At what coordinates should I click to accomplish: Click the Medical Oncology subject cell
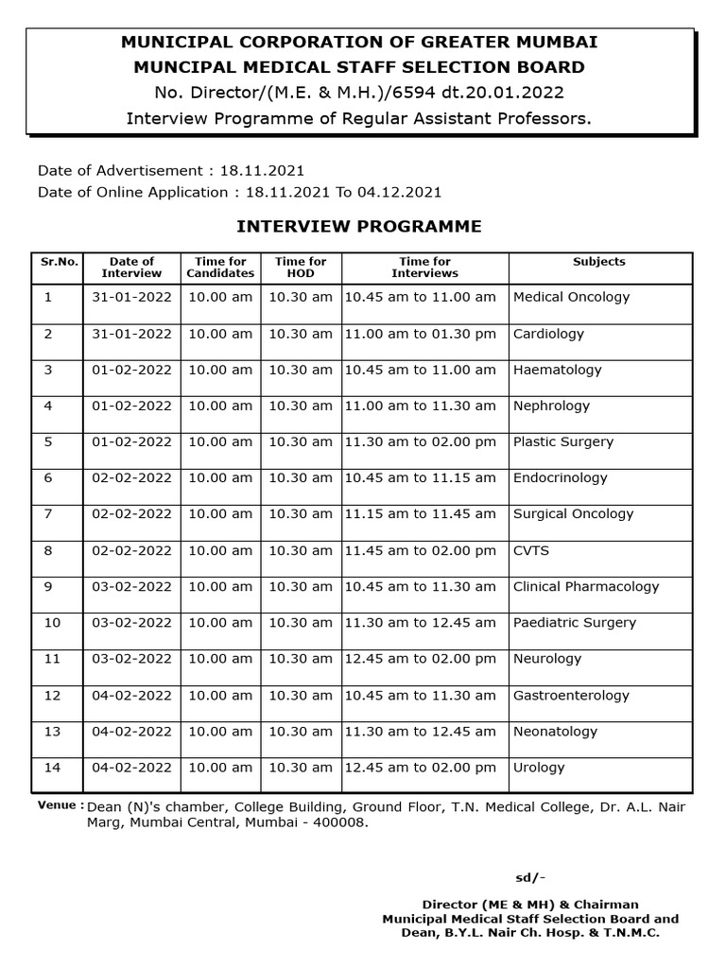pyautogui.click(x=571, y=297)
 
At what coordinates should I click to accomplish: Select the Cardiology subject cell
pyautogui.click(x=548, y=334)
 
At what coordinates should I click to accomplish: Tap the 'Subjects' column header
pyautogui.click(x=599, y=262)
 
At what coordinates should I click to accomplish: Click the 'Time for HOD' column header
pyautogui.click(x=301, y=268)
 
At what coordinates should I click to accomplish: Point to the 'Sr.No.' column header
pyautogui.click(x=58, y=262)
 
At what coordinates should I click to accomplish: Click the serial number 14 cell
pyautogui.click(x=52, y=768)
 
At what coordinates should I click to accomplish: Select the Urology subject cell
pyautogui.click(x=539, y=768)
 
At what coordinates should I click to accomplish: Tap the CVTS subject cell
pyautogui.click(x=531, y=550)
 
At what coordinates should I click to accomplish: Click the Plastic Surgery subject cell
pyautogui.click(x=562, y=441)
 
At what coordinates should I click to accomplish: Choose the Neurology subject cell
pyautogui.click(x=547, y=659)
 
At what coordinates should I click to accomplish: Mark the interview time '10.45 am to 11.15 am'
pyautogui.click(x=420, y=478)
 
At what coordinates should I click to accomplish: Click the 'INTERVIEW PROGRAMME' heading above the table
pyautogui.click(x=358, y=227)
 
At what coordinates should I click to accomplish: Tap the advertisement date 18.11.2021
pyautogui.click(x=262, y=171)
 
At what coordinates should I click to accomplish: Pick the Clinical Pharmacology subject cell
pyautogui.click(x=585, y=587)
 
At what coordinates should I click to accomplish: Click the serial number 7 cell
pyautogui.click(x=48, y=514)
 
